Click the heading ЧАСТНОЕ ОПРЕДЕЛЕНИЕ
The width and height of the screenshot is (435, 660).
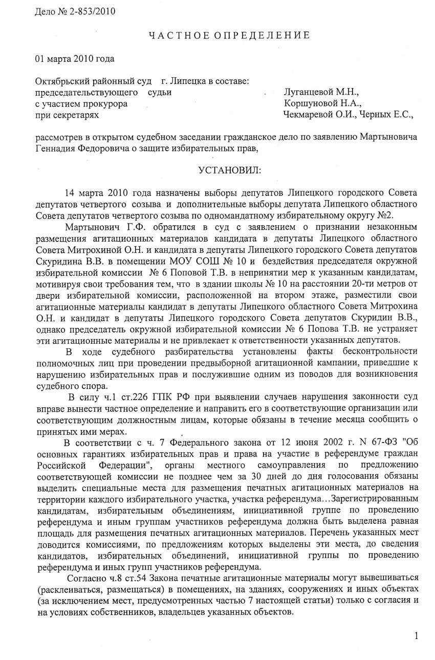pyautogui.click(x=229, y=35)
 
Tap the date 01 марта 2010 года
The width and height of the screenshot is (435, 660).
pyautogui.click(x=75, y=58)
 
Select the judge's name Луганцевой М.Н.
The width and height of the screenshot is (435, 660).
pyautogui.click(x=321, y=93)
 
